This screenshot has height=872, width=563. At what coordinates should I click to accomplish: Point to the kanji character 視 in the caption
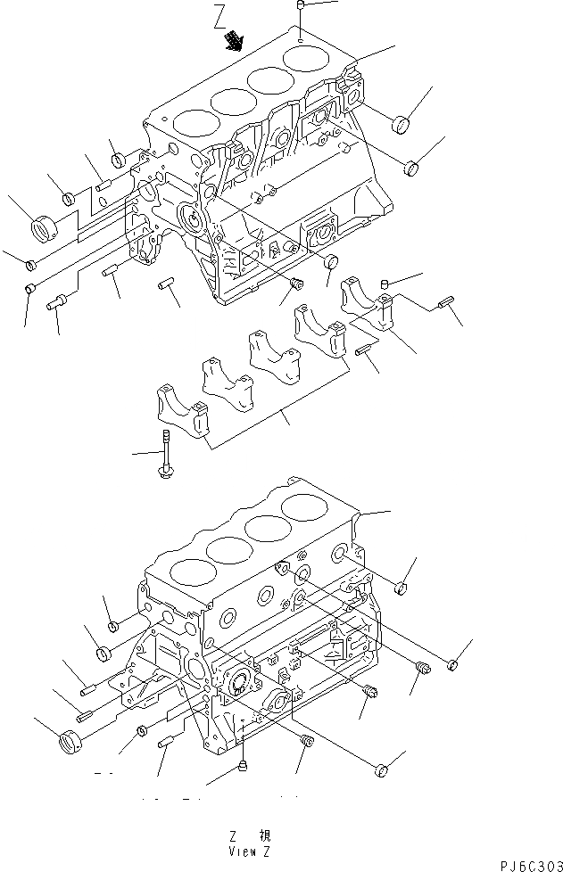click(x=265, y=837)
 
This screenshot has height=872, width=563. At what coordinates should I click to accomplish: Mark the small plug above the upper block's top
click(x=302, y=8)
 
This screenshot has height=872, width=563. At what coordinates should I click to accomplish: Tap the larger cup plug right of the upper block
click(x=401, y=123)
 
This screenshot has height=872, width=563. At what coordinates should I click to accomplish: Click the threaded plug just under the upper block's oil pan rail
click(x=297, y=285)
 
